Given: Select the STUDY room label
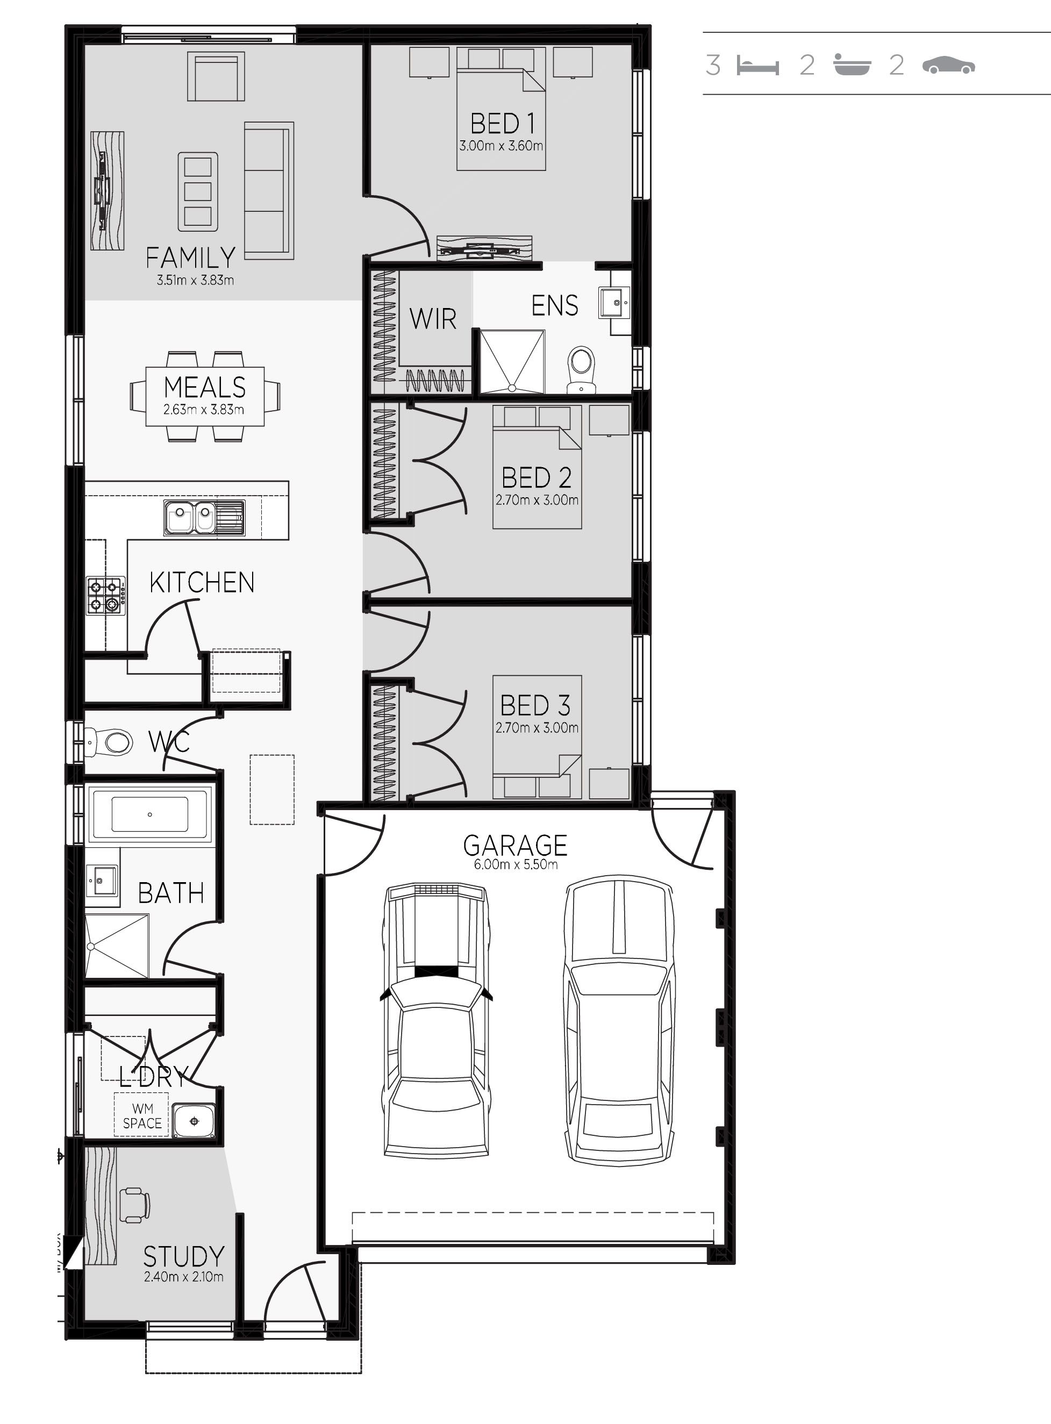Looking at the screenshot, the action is tap(184, 1257).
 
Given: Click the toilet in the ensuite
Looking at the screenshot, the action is tap(580, 369).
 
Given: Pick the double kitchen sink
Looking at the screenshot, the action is tap(204, 518).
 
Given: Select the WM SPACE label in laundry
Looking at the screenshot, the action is tap(142, 1116).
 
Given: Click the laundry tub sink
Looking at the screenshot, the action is tap(194, 1121).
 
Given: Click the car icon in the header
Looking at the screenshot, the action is tap(948, 65).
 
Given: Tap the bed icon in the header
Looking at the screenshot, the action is tap(757, 66).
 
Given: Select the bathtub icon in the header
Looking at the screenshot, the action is tap(852, 65).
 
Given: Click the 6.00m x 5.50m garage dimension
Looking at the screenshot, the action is tap(516, 865).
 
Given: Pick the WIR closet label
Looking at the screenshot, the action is tap(433, 319).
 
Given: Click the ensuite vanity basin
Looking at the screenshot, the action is tap(614, 302).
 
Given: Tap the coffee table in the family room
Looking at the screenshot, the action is tap(198, 191).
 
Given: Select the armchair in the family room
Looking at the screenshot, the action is tap(216, 76).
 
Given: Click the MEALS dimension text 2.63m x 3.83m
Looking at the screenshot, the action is tap(204, 410).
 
